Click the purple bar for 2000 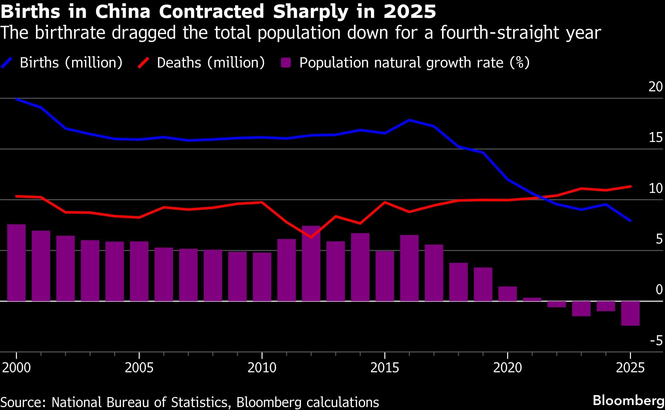16,263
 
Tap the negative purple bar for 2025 630,313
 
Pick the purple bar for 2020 508,294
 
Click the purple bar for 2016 409,268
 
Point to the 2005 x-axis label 139,368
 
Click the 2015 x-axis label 384,368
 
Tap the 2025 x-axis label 630,368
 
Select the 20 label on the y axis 655,87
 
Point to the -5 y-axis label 656,341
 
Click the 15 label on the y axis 655,137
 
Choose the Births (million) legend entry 71,63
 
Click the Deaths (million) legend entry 210,63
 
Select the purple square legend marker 286,63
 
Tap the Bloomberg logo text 628,400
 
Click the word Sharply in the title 310,12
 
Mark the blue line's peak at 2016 409,120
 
